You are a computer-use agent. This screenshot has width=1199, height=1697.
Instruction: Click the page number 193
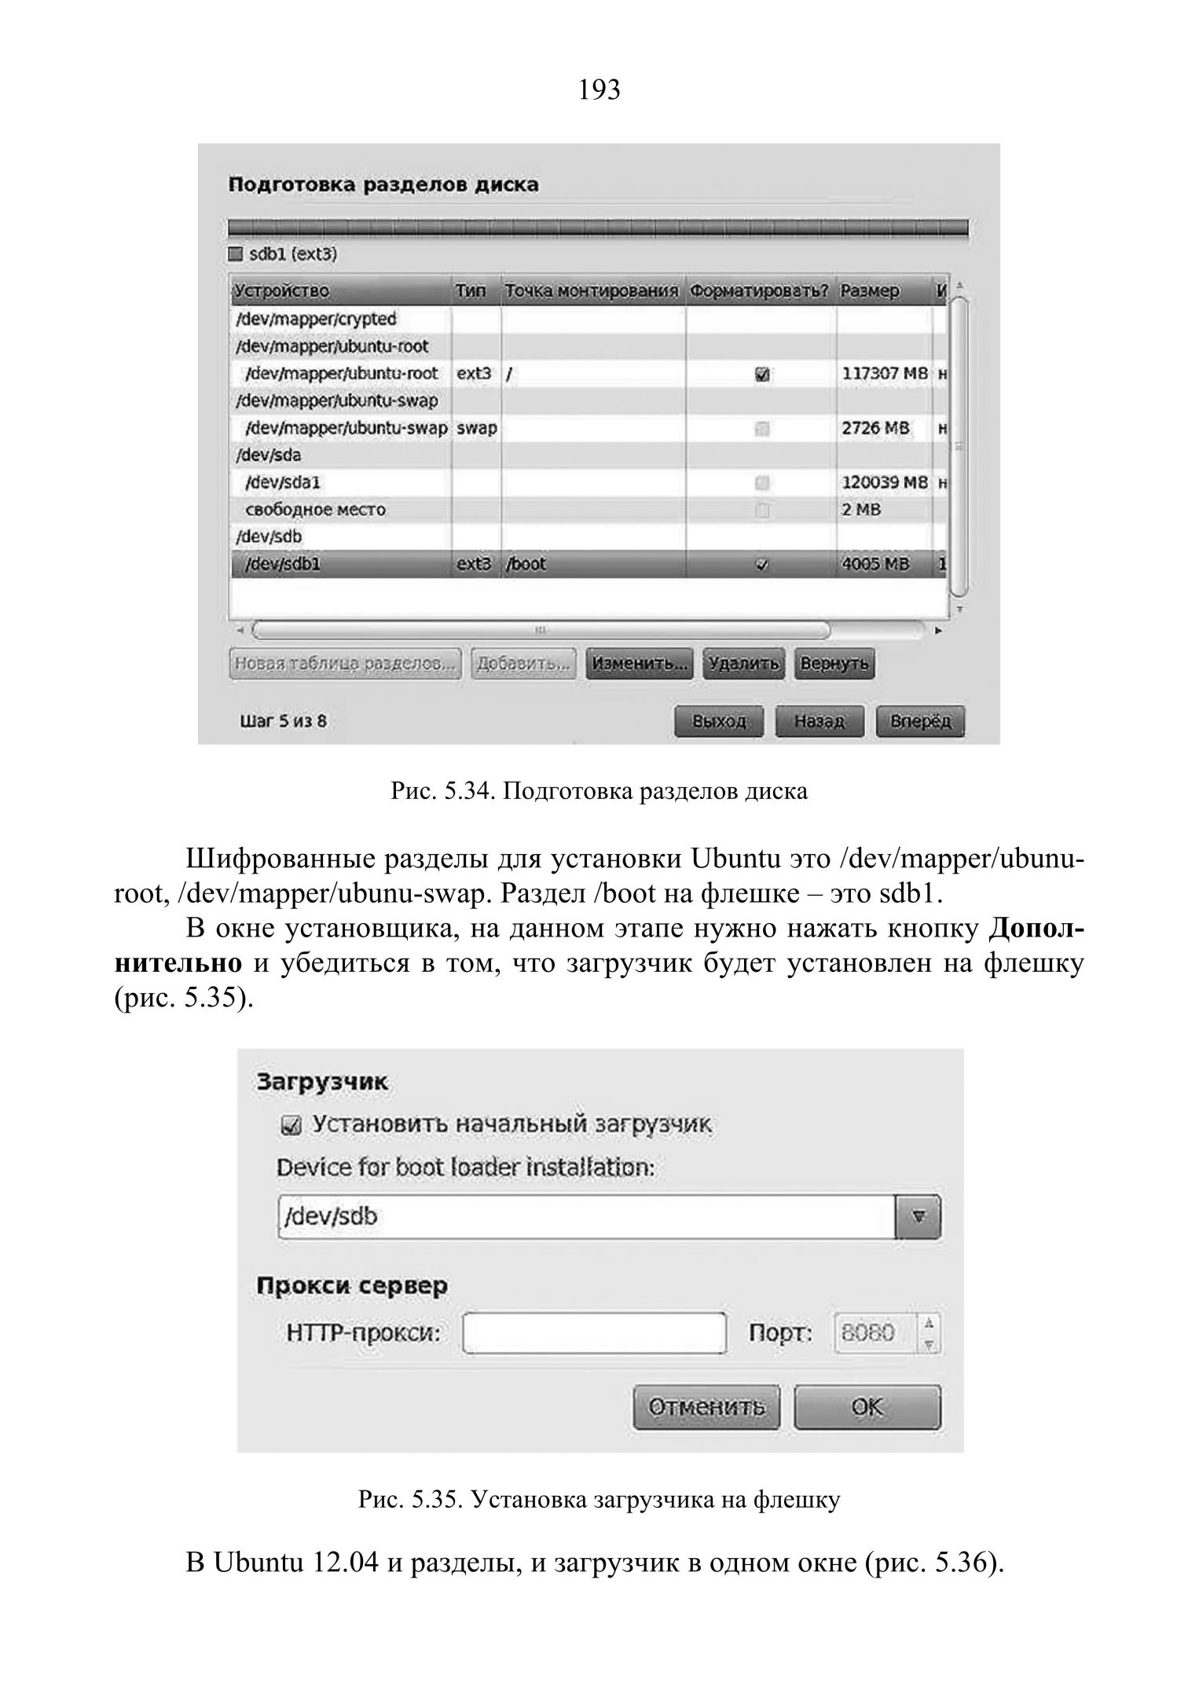[x=599, y=90]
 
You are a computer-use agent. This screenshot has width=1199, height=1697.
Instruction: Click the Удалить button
[x=743, y=664]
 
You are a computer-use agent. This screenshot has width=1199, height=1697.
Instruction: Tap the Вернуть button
[x=834, y=664]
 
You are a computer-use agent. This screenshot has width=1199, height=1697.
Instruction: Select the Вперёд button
[x=920, y=721]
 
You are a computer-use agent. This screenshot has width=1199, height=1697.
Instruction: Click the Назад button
[x=819, y=721]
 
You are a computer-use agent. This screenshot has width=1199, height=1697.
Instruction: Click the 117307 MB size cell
[x=884, y=374]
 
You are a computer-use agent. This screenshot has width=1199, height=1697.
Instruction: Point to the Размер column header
[x=870, y=291]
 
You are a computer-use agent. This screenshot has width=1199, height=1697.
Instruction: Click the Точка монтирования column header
[x=592, y=291]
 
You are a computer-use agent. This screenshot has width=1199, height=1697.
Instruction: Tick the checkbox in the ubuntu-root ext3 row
[x=761, y=375]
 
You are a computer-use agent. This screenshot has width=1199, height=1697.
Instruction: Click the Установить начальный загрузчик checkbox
[x=290, y=1127]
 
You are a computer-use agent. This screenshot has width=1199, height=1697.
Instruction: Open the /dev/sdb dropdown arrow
[x=917, y=1217]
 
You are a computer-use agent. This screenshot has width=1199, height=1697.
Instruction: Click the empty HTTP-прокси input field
[x=594, y=1333]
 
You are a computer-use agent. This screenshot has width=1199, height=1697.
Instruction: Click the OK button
[x=867, y=1406]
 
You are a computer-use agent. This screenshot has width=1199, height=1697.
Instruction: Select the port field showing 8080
[x=874, y=1333]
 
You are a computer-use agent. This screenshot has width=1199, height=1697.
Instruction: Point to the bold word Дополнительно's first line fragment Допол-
[x=1036, y=929]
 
